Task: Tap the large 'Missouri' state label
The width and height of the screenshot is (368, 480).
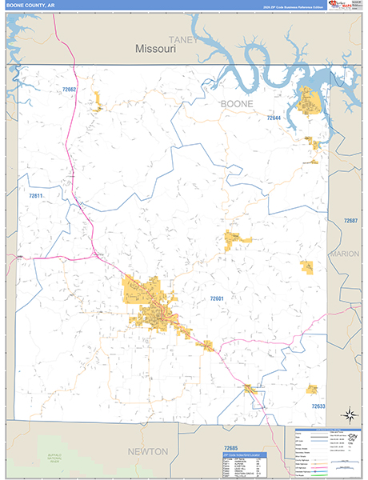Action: click(x=155, y=49)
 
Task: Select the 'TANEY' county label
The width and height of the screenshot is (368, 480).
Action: click(x=182, y=38)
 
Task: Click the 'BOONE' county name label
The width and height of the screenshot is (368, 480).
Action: click(x=237, y=104)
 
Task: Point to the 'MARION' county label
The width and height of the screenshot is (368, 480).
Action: click(x=346, y=254)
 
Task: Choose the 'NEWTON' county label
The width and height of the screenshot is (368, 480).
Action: click(x=148, y=451)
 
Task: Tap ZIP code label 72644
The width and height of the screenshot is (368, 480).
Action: click(x=274, y=118)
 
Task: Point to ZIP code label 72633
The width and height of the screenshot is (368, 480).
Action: click(x=318, y=406)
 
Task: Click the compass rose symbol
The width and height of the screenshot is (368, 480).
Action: click(x=349, y=414)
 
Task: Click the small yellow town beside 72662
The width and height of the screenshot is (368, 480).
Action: click(x=98, y=102)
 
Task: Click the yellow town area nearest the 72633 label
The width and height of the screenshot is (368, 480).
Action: click(x=312, y=389)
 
